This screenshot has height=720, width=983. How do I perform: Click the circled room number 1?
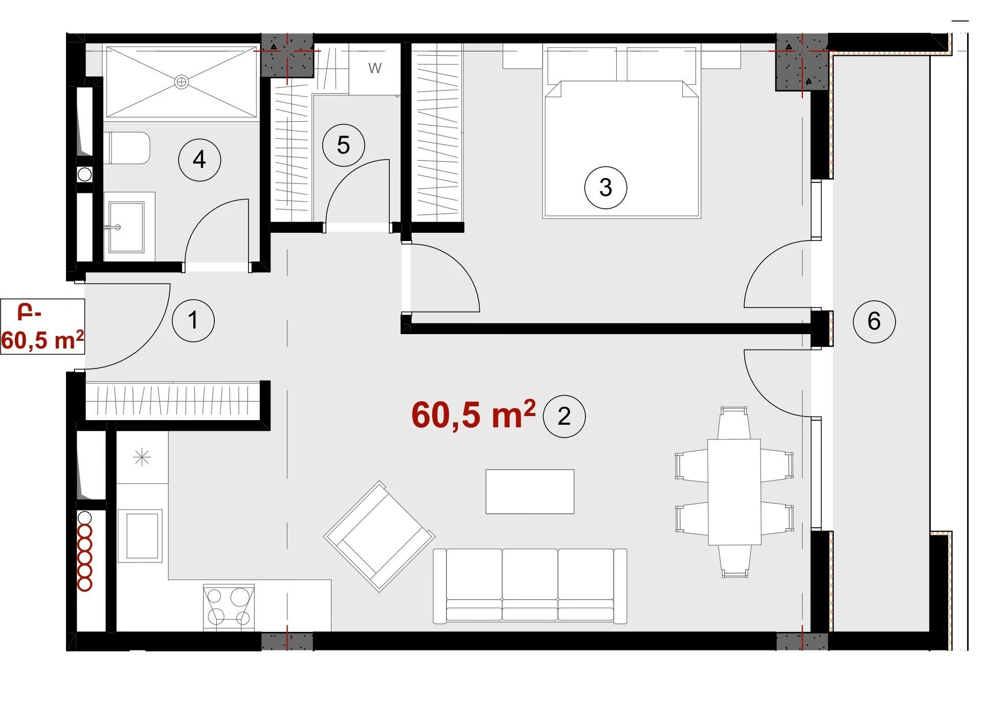click(x=193, y=321)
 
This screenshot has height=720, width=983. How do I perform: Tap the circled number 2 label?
click(x=564, y=416)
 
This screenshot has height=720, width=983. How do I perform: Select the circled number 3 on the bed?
click(x=606, y=188)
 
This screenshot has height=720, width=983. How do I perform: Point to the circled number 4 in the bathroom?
click(x=199, y=160)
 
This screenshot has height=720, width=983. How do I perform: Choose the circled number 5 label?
click(x=344, y=145)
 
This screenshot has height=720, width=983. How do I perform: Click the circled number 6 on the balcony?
click(x=875, y=321)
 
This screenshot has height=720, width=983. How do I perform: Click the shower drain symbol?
click(x=182, y=81)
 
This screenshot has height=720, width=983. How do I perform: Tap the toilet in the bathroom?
click(x=127, y=148)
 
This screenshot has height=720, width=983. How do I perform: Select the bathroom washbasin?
click(x=126, y=227)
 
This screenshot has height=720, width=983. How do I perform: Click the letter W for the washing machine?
click(x=375, y=68)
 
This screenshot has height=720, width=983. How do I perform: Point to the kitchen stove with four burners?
click(x=229, y=607)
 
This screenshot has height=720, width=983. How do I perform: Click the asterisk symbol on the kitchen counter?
click(x=142, y=457)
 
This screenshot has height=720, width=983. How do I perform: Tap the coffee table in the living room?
click(x=530, y=492)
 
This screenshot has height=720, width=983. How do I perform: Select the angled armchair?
click(x=379, y=536)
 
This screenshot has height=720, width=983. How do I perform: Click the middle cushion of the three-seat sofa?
click(x=530, y=585)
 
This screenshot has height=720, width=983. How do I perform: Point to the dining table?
click(x=734, y=492)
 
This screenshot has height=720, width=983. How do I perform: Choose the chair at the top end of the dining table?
click(x=734, y=423)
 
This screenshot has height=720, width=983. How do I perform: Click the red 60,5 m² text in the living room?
click(x=474, y=414)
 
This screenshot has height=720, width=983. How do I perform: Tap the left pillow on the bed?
click(x=582, y=66)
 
